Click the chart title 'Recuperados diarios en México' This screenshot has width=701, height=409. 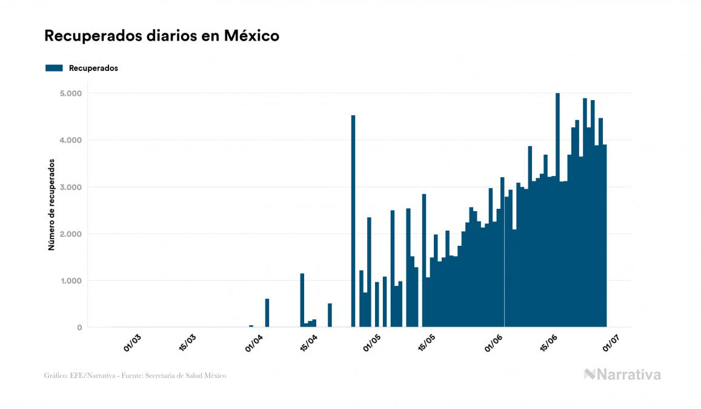point(162,36)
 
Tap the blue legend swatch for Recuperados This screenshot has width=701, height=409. point(54,68)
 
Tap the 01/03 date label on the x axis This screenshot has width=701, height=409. point(133,342)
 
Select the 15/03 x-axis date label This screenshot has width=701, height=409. point(188,342)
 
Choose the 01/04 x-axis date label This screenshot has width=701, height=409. point(254,342)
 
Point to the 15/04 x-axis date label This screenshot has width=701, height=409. point(309,342)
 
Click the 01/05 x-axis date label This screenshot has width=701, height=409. point(373,342)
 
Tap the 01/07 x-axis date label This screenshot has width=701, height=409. point(611,342)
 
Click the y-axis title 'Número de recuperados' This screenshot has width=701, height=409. point(51,204)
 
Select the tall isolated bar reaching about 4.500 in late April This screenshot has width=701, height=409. point(353,221)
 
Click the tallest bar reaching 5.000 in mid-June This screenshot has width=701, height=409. point(557,210)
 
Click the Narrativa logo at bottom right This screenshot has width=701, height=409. point(622,374)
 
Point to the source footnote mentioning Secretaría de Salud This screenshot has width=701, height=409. point(135,376)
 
